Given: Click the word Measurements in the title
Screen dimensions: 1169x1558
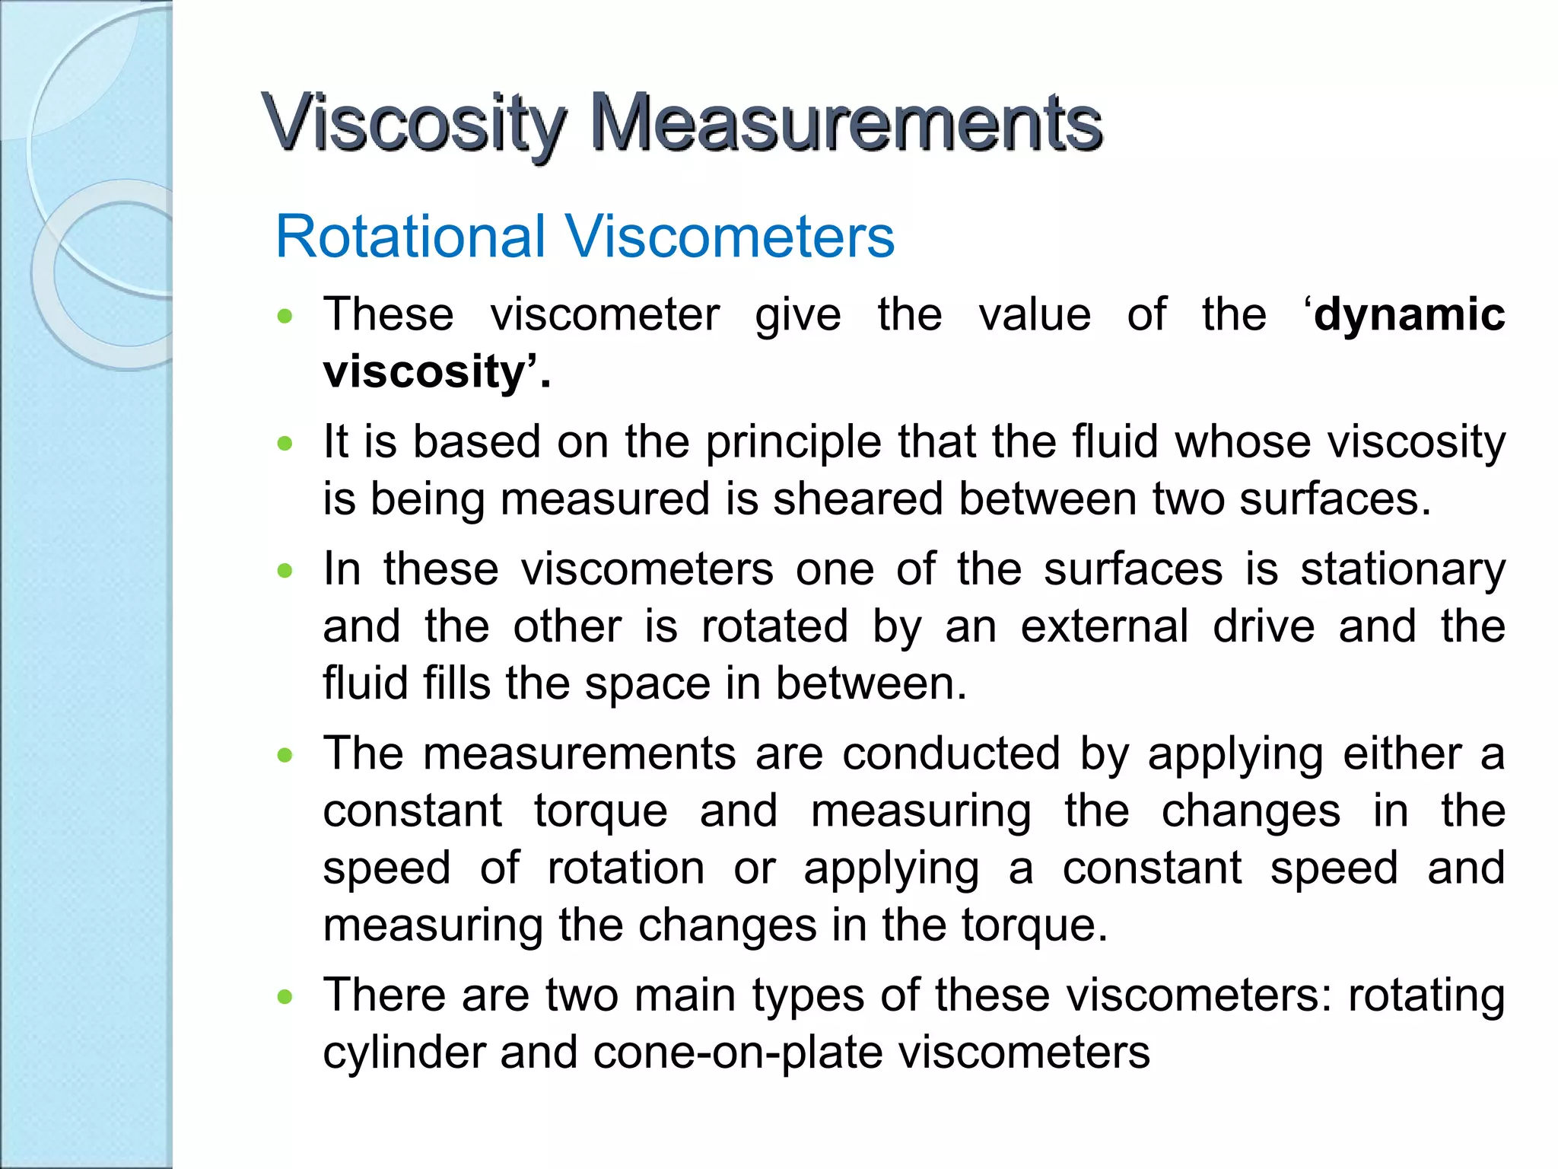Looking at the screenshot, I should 846,122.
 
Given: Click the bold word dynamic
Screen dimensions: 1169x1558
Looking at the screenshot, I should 1409,315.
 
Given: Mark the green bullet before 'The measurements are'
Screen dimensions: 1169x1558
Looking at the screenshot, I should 285,755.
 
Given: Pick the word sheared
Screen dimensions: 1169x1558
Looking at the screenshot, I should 857,500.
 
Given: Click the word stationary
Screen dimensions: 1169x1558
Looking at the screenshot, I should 1403,570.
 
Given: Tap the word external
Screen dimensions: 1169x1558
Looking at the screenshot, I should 1104,626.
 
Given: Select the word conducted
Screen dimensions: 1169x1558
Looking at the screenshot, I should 951,754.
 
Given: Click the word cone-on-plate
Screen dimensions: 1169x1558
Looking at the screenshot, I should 737,1053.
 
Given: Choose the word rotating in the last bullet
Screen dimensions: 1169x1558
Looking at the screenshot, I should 1426,995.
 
